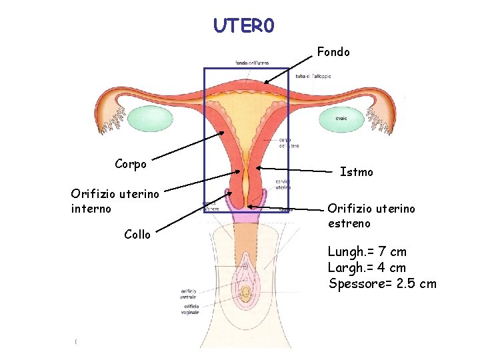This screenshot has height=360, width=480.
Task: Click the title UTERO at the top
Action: point(243,25)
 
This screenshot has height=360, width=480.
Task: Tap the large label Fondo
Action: point(333,51)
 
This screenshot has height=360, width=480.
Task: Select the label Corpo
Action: point(131,163)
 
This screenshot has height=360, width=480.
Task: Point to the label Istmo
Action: point(357,172)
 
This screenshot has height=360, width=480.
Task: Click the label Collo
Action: point(137,234)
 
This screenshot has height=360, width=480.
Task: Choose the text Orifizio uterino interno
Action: point(115,201)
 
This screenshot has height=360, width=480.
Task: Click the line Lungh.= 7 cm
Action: point(367,252)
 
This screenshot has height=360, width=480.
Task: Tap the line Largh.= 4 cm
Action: point(367,267)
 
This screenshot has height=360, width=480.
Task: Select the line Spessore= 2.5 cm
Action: point(383,283)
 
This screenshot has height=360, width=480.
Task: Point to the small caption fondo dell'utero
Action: point(251,63)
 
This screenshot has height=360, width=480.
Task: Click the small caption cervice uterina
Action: point(283,185)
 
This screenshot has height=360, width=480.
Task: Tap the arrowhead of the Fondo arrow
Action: point(265,83)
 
